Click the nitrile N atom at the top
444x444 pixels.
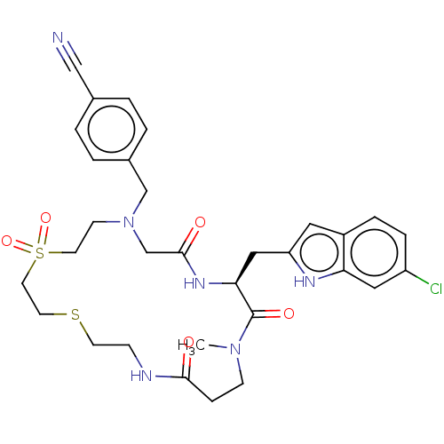pyautogui.click(x=58, y=38)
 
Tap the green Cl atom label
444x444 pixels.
pyautogui.click(x=436, y=289)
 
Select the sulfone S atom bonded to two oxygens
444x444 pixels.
pyautogui.click(x=40, y=253)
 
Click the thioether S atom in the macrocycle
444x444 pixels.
pyautogui.click(x=75, y=314)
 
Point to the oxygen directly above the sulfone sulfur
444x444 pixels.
pyautogui.click(x=45, y=218)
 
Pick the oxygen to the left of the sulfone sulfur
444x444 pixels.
pyautogui.click(x=6, y=241)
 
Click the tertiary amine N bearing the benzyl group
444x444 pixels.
pyautogui.click(x=129, y=222)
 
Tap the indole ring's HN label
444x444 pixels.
pyautogui.click(x=305, y=281)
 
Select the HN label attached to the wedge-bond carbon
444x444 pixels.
pyautogui.click(x=194, y=283)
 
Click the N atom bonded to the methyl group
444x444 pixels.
pyautogui.click(x=235, y=349)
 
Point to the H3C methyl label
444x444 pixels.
pyautogui.click(x=191, y=345)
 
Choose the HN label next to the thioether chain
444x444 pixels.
pyautogui.click(x=141, y=376)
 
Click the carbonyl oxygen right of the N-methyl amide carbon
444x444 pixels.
pyautogui.click(x=289, y=313)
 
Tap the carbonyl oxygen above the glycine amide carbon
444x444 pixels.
pyautogui.click(x=200, y=222)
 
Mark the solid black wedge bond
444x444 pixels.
pyautogui.click(x=246, y=267)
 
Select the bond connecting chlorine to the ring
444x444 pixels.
pyautogui.click(x=417, y=277)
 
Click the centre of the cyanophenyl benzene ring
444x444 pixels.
pyautogui.click(x=111, y=129)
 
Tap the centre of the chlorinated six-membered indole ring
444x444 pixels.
pyautogui.click(x=375, y=252)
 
